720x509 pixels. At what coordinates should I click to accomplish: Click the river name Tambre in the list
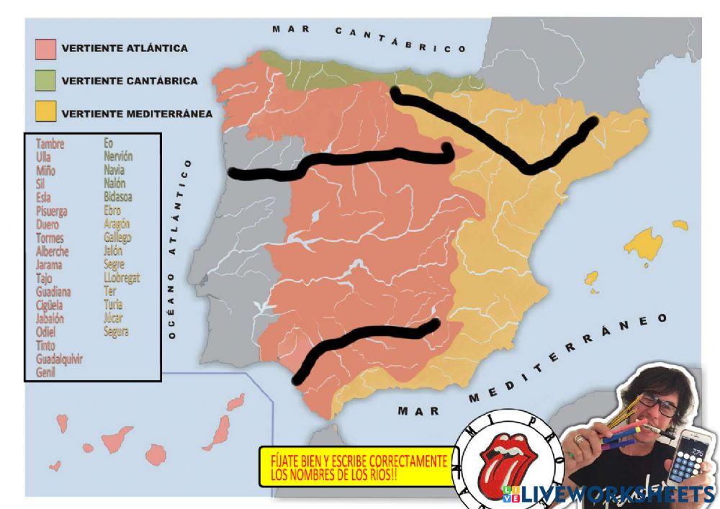pos(50,144)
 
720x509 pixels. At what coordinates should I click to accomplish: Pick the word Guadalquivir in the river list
pos(59,359)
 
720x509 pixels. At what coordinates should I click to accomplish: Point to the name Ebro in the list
pos(112,210)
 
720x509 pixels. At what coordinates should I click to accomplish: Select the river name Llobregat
pos(122,277)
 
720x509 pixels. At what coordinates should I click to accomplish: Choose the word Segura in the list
pos(116,331)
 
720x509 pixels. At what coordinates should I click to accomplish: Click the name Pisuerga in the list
pos(52,211)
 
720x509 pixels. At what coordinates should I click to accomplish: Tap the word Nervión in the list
pos(118,156)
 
